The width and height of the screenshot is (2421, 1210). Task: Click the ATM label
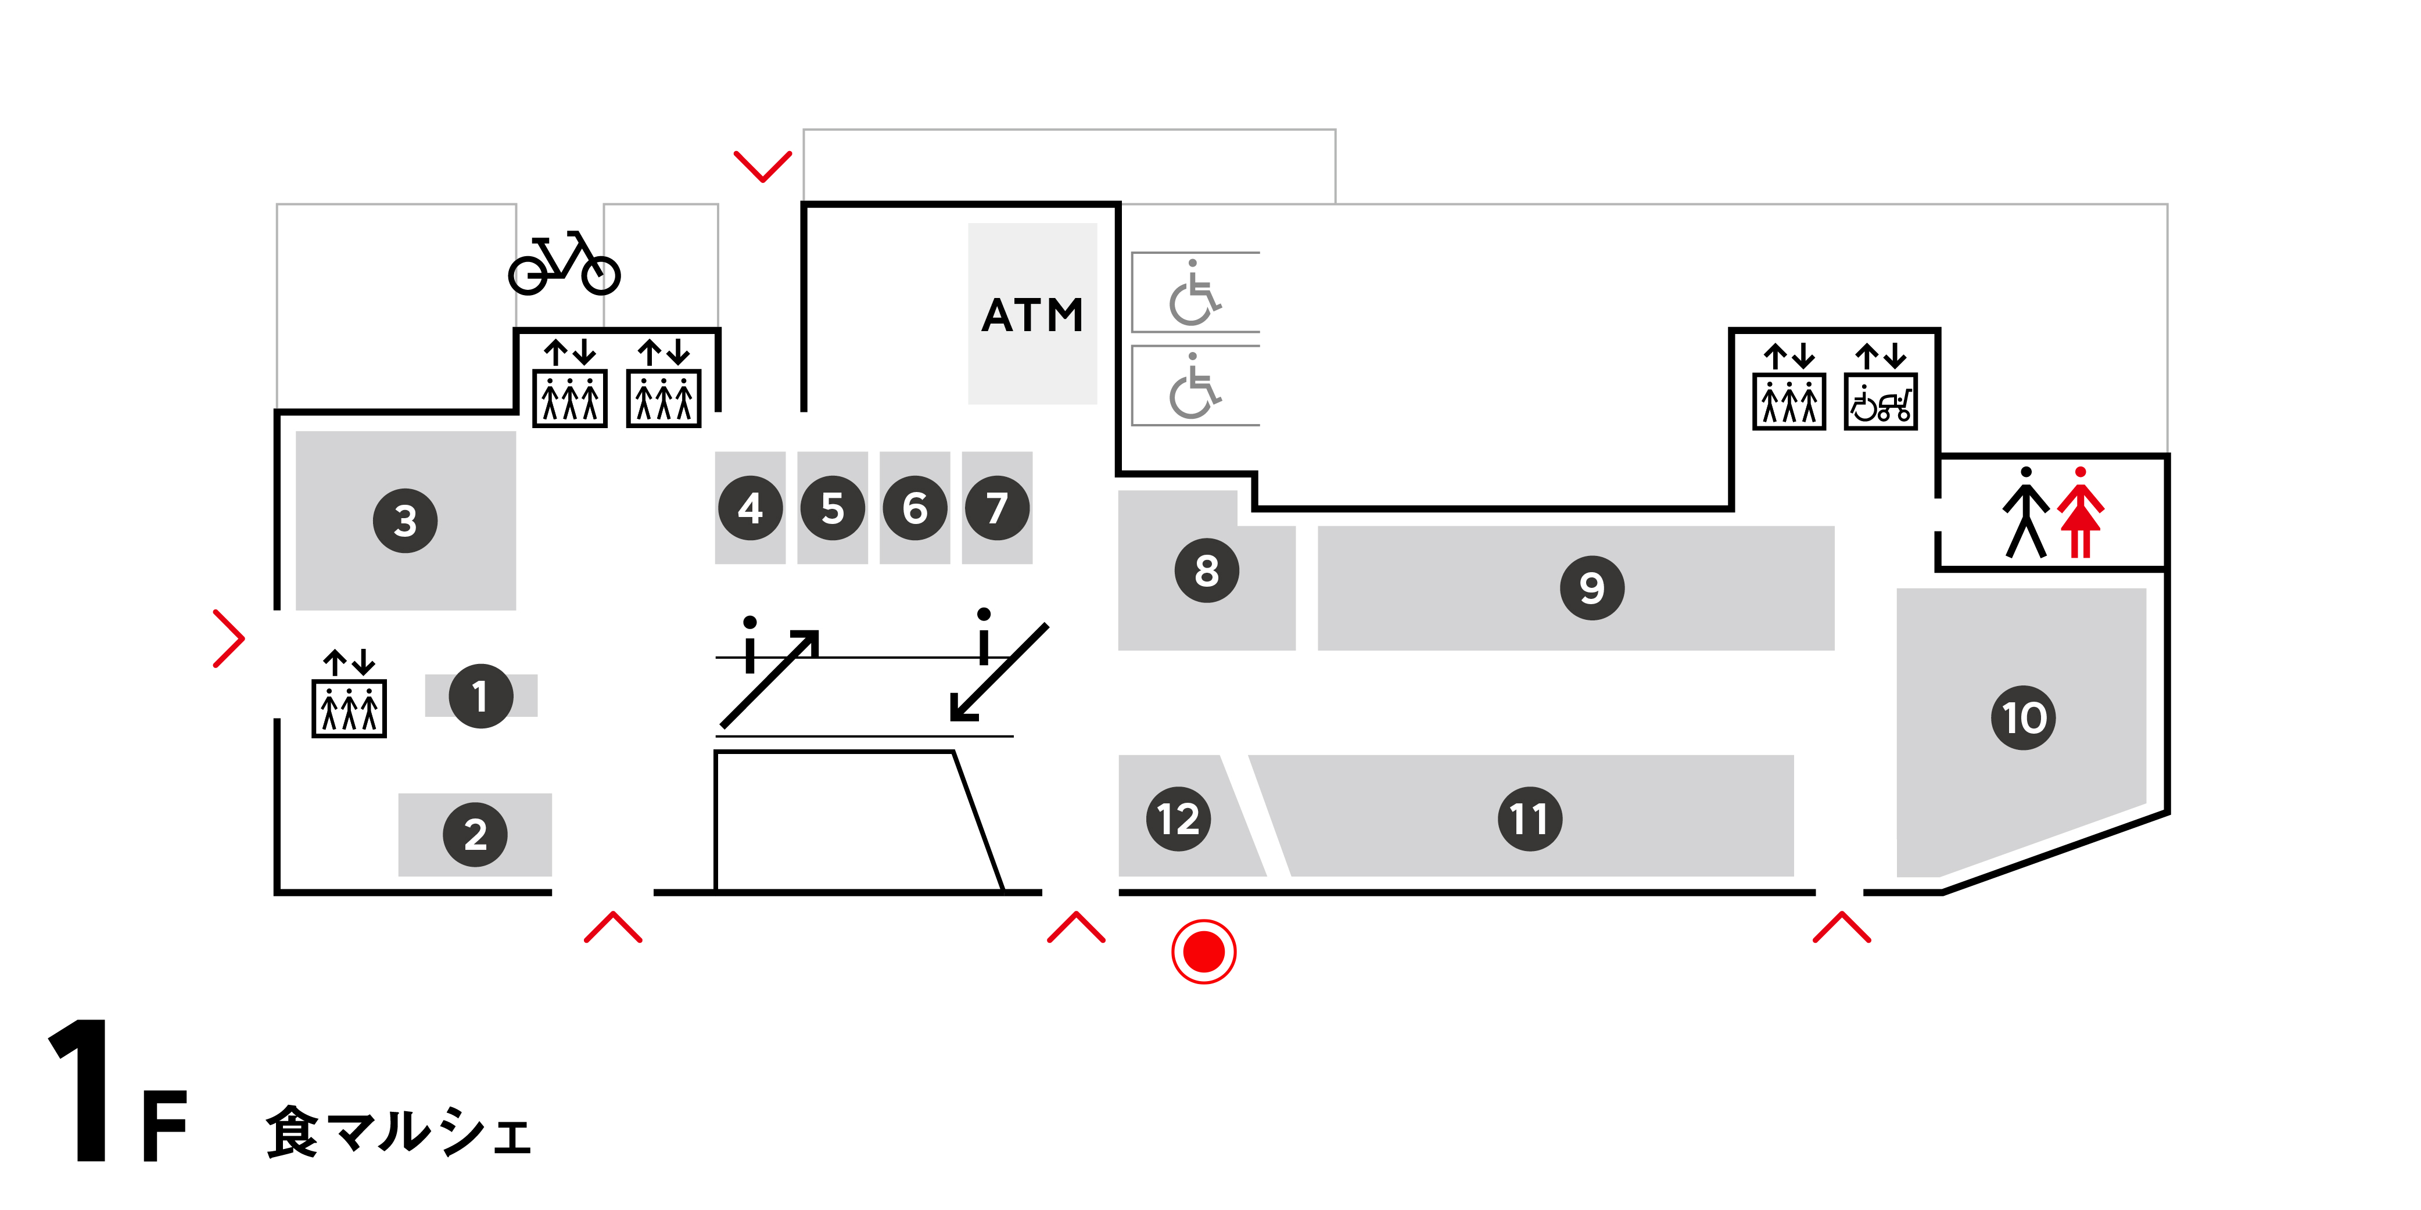point(1032,315)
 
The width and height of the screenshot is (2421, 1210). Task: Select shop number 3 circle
point(405,520)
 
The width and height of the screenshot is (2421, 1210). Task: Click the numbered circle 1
point(480,696)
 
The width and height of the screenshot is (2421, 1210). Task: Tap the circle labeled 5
point(832,508)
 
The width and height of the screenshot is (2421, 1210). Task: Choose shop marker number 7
point(996,508)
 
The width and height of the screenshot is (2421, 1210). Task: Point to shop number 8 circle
point(1207,570)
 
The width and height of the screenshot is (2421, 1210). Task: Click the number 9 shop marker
point(1591,588)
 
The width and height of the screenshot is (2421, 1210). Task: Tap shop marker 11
point(1529,818)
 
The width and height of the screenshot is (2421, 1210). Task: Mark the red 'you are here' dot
point(1203,952)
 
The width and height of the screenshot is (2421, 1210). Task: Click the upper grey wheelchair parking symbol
point(1193,293)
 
